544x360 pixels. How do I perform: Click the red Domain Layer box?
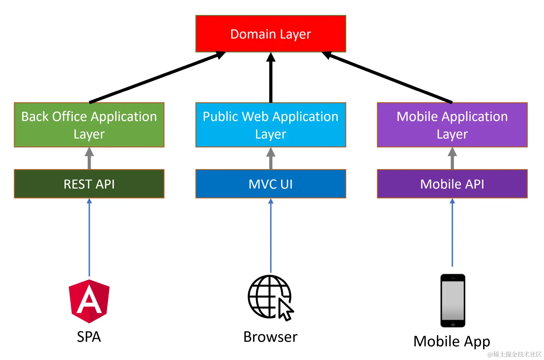[271, 34]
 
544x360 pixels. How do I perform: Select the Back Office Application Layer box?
[89, 125]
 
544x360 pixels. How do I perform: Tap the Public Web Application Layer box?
[271, 125]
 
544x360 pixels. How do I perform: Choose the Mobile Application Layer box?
[452, 125]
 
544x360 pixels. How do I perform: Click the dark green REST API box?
[89, 184]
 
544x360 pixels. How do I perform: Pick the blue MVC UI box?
[271, 184]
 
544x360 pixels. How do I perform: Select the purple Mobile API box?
[452, 184]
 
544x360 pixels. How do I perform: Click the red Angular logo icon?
[89, 301]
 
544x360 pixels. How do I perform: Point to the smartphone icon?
[453, 301]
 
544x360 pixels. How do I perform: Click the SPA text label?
[89, 337]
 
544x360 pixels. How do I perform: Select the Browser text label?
[270, 337]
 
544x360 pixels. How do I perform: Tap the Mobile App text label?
[452, 341]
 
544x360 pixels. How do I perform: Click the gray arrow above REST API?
[89, 158]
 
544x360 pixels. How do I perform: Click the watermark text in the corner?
[514, 354]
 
